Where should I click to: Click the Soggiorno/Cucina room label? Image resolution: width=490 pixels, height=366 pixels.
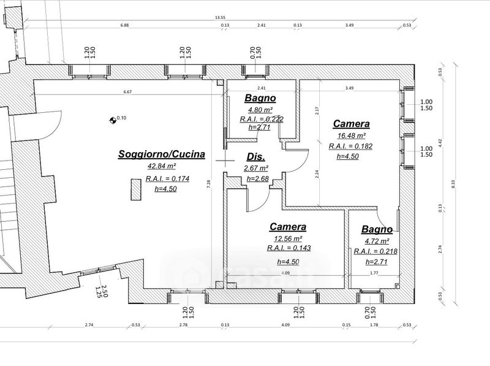point(161,154)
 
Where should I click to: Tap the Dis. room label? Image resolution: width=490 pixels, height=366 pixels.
point(255,156)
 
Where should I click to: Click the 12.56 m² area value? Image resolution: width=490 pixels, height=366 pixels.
point(288,238)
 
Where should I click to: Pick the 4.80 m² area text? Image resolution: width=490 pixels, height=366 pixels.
point(260,109)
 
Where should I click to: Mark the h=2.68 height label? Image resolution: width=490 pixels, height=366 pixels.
point(257,178)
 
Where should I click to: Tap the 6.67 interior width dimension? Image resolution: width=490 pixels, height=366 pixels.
point(127,92)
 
